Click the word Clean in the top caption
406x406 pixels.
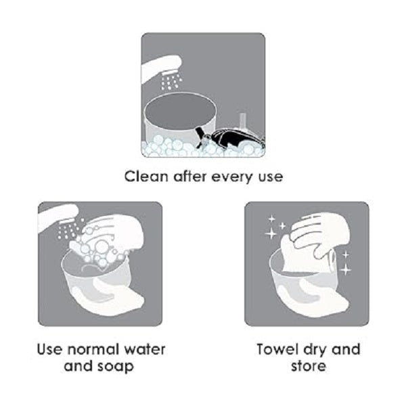[146, 177]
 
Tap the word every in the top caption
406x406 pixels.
[232, 177]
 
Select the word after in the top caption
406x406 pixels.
[190, 177]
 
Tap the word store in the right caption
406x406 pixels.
[308, 366]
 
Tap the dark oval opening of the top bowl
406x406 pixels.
[180, 111]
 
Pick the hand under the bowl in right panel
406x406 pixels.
[316, 295]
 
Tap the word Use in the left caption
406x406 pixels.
[49, 349]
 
